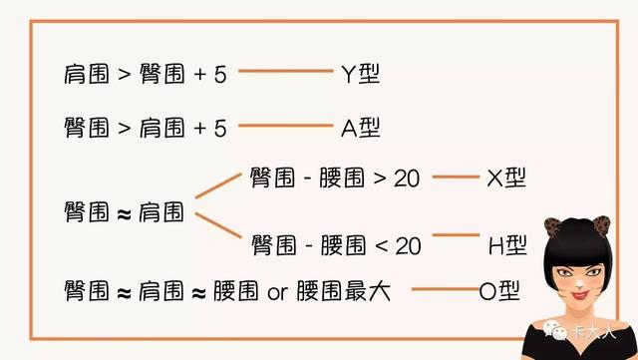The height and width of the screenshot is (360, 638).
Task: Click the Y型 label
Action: [x=361, y=74]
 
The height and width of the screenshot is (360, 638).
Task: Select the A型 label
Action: [x=361, y=128]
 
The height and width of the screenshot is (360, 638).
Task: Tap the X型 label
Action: [x=506, y=178]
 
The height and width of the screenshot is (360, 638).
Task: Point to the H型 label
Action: [x=507, y=245]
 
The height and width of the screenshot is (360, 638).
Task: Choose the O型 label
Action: [x=499, y=291]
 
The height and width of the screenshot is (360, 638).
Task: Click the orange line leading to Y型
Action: [x=286, y=71]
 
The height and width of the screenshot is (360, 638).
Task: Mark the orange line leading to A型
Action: [x=286, y=126]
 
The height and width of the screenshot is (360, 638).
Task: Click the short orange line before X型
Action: [x=456, y=177]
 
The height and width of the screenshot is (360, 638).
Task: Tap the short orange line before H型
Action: [x=456, y=235]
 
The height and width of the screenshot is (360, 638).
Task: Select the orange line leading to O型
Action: [x=446, y=289]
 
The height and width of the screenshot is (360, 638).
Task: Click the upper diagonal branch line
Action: [x=218, y=185]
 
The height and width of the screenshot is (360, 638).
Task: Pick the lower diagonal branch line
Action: [x=218, y=225]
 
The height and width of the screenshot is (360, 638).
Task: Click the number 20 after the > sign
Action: [x=407, y=179]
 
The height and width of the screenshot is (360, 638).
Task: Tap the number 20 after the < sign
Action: [x=408, y=246]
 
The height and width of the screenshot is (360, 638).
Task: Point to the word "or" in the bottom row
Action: [x=278, y=292]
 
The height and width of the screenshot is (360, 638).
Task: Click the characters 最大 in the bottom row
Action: [x=368, y=291]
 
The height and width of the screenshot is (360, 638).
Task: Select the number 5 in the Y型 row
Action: [x=220, y=75]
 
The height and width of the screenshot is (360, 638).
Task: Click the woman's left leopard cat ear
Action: [x=552, y=227]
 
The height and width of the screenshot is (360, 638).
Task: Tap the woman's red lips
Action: [x=580, y=294]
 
